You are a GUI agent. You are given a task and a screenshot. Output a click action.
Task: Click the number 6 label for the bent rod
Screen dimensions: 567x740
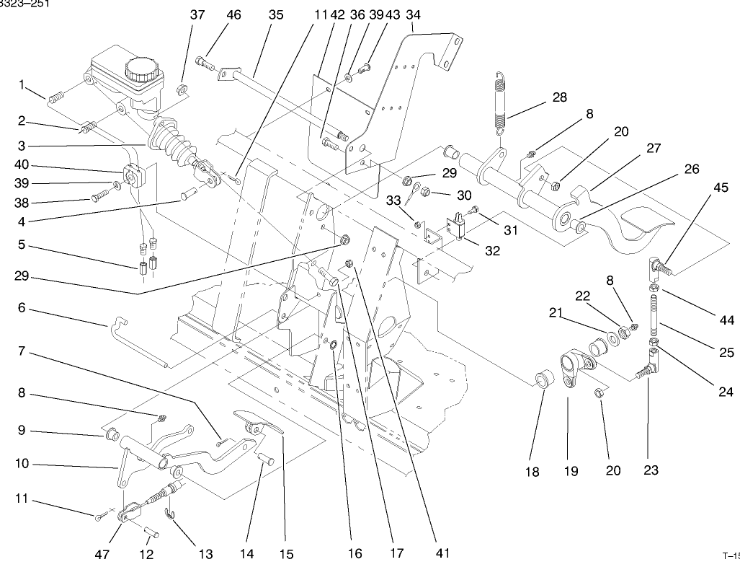point(21,307)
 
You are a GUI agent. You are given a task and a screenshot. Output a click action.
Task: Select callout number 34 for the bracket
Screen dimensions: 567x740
point(413,14)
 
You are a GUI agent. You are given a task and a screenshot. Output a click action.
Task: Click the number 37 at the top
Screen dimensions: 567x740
point(177,14)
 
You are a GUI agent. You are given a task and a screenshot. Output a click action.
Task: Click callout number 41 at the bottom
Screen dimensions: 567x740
point(442,553)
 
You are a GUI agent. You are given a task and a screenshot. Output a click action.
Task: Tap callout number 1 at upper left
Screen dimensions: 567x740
point(21,86)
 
